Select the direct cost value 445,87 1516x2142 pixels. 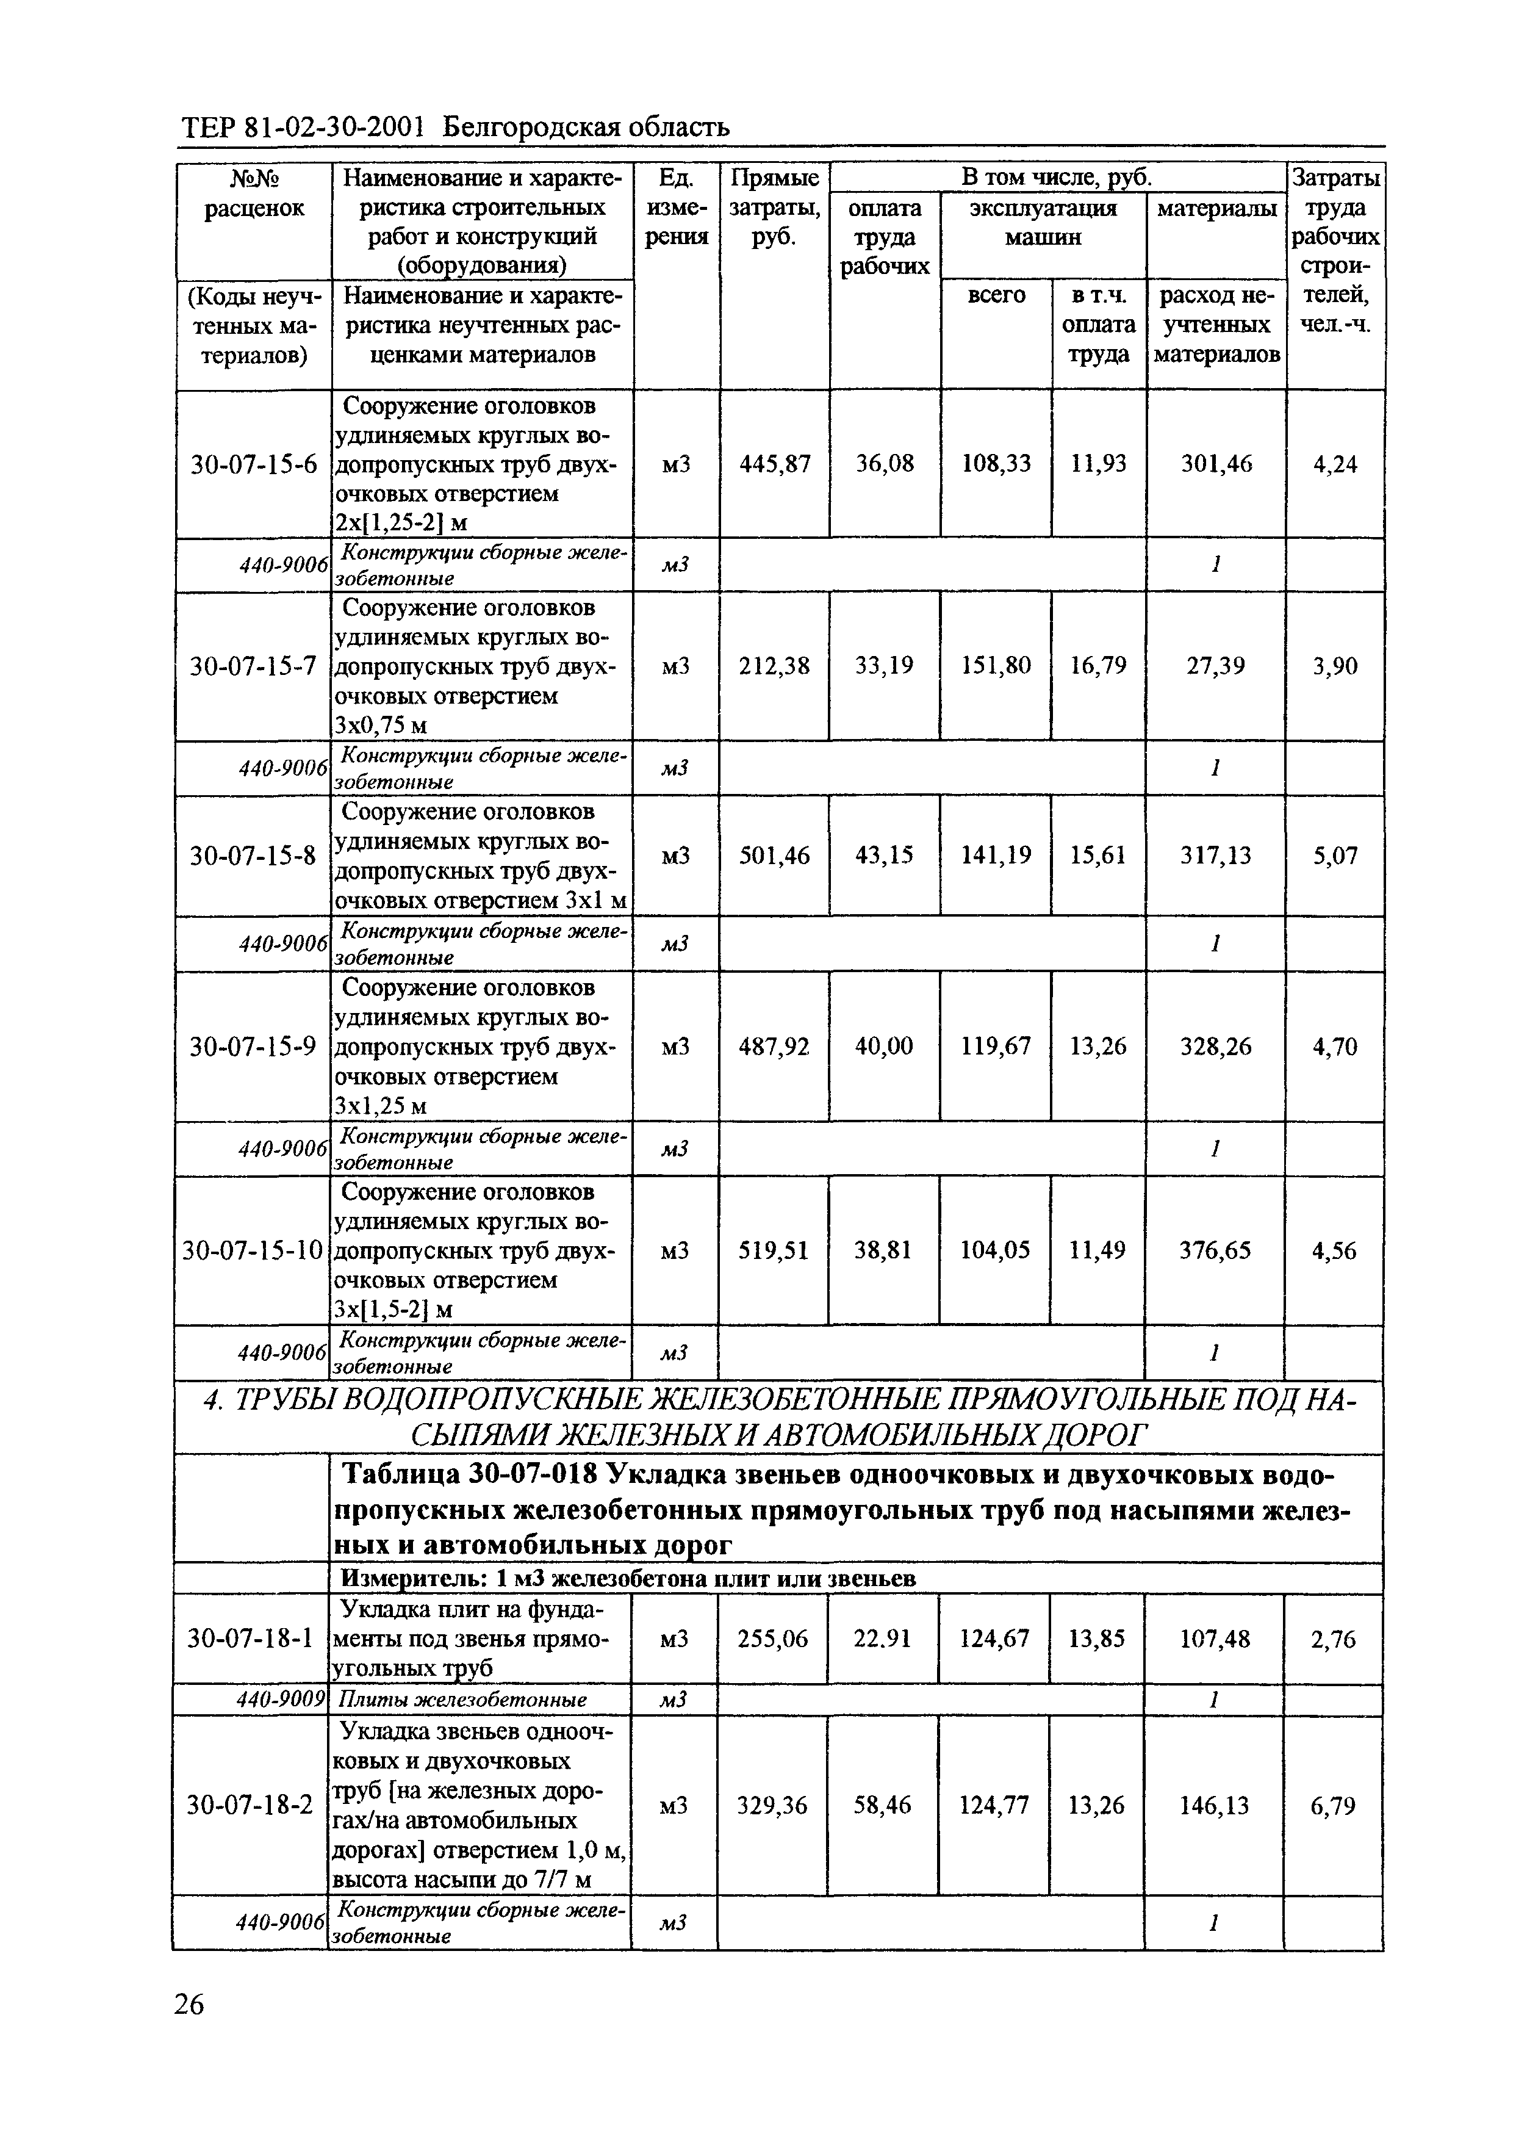[775, 464]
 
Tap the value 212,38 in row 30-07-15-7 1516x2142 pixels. [775, 666]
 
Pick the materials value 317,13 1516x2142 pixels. [1215, 856]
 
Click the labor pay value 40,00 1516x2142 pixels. [884, 1046]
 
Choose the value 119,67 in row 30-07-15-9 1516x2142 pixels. [996, 1046]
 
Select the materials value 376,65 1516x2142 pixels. [1215, 1250]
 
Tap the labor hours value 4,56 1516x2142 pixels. [1334, 1250]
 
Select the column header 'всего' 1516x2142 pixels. [996, 296]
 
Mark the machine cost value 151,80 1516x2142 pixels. [996, 666]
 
